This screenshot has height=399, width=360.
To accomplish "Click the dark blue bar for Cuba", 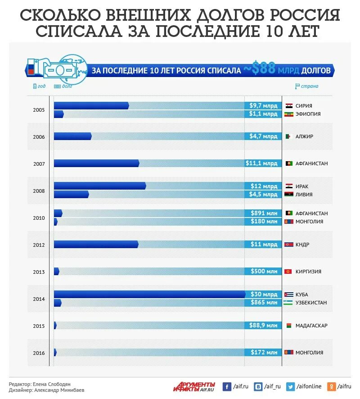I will (x=149, y=294).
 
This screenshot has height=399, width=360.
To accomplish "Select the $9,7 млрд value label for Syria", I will (x=263, y=105).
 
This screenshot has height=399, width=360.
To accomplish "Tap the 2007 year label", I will (x=39, y=163).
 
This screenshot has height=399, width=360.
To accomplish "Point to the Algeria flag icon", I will (x=288, y=136).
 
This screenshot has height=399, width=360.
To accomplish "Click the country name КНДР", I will (x=302, y=245).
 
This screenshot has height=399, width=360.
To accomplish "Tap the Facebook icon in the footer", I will (x=227, y=386).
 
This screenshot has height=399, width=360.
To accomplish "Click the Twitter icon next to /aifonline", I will (x=291, y=386).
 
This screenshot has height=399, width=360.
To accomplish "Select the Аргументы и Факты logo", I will (x=194, y=386).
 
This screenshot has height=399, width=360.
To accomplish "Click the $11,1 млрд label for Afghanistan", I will (x=261, y=163).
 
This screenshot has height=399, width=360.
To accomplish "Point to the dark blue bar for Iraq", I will (x=99, y=186).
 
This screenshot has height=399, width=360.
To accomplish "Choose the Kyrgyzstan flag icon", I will (x=288, y=272).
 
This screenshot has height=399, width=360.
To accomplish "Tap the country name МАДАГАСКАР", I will (x=311, y=326).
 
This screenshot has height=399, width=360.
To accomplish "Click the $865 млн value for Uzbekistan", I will (x=264, y=303).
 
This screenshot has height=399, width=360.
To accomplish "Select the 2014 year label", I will (x=39, y=299).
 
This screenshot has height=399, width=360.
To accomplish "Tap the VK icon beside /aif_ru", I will (x=259, y=386).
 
